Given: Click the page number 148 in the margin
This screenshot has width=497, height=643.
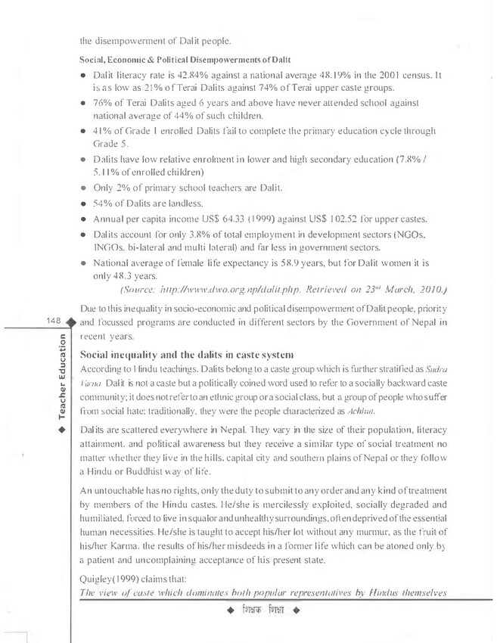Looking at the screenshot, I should [55, 322].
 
